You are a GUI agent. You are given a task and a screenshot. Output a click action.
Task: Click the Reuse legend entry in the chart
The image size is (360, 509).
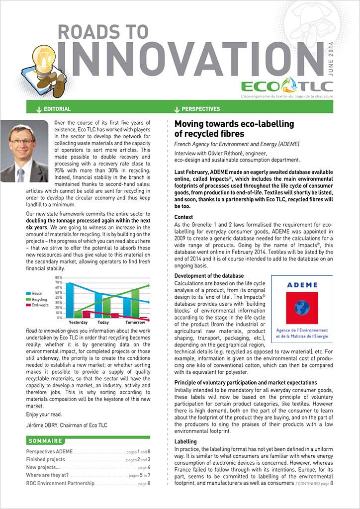(x=38, y=294)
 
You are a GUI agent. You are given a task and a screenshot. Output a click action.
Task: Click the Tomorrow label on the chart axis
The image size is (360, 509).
(x=135, y=322)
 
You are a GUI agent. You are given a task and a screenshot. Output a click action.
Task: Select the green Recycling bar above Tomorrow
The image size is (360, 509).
(x=135, y=302)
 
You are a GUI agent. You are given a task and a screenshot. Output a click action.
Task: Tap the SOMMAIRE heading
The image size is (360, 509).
(x=45, y=441)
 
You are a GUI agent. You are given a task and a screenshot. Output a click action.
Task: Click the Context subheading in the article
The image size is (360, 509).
(x=183, y=217)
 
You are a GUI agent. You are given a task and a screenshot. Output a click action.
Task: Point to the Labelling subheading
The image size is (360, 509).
(x=185, y=441)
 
